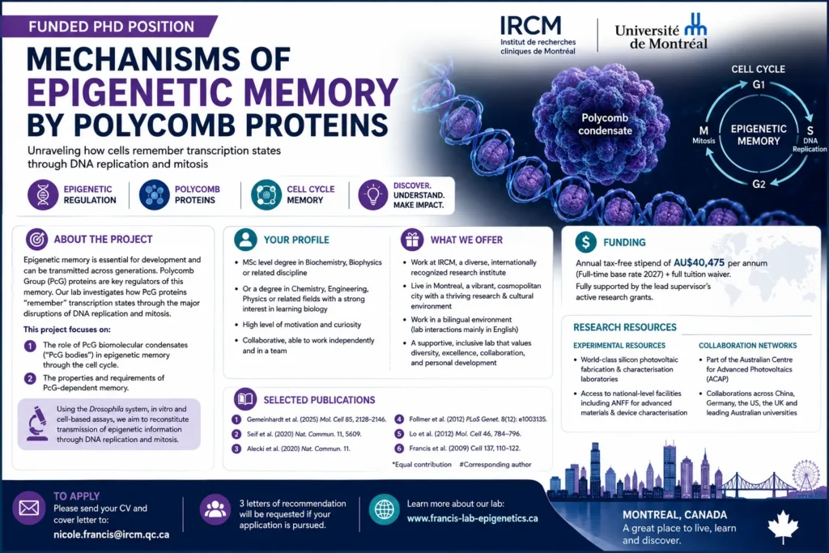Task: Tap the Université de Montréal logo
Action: click(x=661, y=32)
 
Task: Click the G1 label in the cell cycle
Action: click(x=759, y=84)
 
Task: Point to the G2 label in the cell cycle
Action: click(x=759, y=184)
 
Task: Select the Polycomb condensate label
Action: click(x=605, y=124)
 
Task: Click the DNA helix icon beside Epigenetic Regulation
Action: click(x=43, y=194)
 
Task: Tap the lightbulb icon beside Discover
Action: click(x=373, y=194)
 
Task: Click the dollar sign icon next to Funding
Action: click(x=586, y=241)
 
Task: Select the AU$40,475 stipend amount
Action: click(x=699, y=263)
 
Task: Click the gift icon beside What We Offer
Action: click(x=412, y=240)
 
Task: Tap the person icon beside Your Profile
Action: click(x=245, y=240)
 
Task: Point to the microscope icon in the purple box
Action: click(x=36, y=423)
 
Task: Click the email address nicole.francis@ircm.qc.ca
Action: click(x=112, y=534)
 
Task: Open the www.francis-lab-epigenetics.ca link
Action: click(x=473, y=519)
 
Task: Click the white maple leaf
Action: click(x=783, y=526)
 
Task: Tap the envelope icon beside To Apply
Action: click(x=29, y=508)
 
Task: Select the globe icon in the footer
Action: click(x=385, y=509)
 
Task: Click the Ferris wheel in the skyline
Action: click(x=806, y=475)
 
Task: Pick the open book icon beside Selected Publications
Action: click(x=245, y=399)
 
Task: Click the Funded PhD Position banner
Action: click(x=110, y=27)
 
